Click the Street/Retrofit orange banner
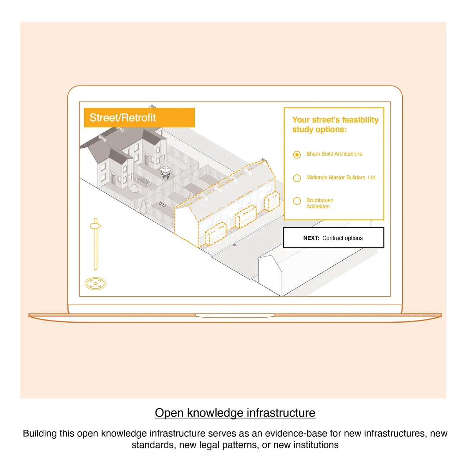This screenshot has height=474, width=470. (x=139, y=117)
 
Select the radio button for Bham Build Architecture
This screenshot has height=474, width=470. (x=297, y=154)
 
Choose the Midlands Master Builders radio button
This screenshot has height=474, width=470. (x=297, y=178)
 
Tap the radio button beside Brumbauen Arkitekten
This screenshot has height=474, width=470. (x=297, y=201)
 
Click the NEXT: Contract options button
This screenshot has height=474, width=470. (x=333, y=238)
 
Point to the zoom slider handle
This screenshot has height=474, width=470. (x=96, y=225)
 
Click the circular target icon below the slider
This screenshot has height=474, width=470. (x=96, y=283)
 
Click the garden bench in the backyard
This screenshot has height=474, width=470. (x=162, y=205)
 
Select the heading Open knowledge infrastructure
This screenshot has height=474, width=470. (x=235, y=412)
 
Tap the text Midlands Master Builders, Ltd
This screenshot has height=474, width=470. (x=341, y=177)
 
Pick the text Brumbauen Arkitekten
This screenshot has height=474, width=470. (x=320, y=203)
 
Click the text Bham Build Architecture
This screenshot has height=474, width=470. (x=334, y=154)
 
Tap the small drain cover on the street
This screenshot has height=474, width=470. (x=235, y=245)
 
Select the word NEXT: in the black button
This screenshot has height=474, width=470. (x=311, y=238)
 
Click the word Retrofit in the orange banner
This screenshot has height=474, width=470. (x=139, y=118)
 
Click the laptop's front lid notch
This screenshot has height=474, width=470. (x=235, y=316)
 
